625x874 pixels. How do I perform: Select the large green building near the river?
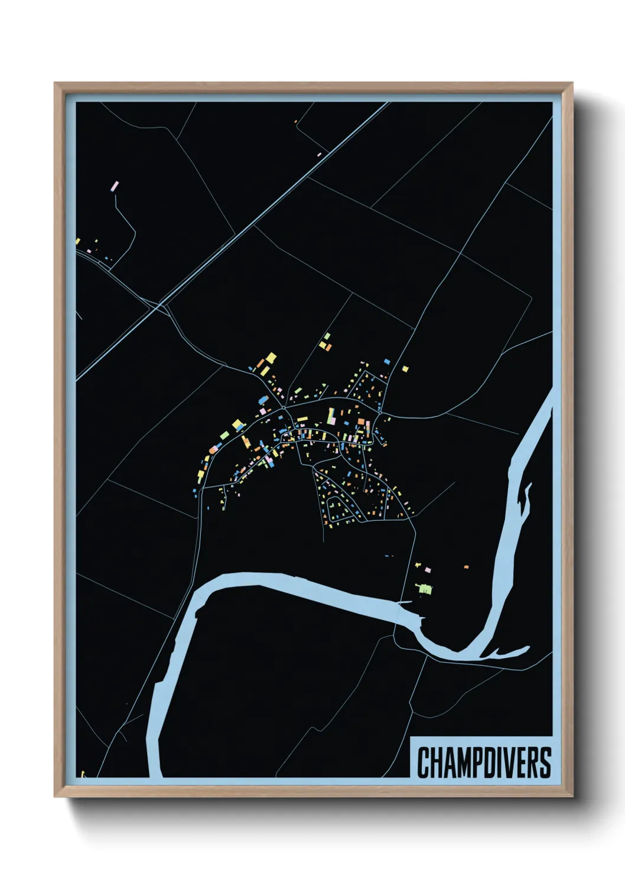click(x=425, y=588)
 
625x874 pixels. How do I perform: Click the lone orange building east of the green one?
click(x=466, y=567)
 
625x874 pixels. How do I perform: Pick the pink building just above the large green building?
click(x=428, y=570)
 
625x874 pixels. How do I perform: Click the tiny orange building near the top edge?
click(x=295, y=122)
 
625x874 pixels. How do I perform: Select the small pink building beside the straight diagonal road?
click(x=320, y=154)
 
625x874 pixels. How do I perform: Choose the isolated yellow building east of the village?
click(x=405, y=369)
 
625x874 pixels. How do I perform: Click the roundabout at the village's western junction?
click(x=284, y=407)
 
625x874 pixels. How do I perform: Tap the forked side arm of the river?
click(x=508, y=652)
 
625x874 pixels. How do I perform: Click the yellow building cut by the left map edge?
click(x=77, y=241)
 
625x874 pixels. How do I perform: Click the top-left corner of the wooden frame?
click(x=56, y=84)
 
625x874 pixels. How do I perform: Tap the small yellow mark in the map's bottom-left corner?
click(x=82, y=774)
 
